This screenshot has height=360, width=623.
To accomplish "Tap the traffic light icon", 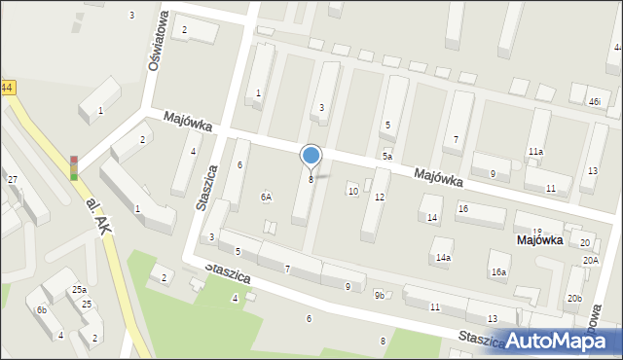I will coord(73,167).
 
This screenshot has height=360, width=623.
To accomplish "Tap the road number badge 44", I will coord(7,88).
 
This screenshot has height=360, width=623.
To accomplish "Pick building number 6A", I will coord(266,197).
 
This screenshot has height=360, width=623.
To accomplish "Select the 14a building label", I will coord(443,258).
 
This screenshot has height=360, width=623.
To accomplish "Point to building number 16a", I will coord(498,272).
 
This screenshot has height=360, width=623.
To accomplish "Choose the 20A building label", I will coord(591,261).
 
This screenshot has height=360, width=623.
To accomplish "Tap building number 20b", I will coord(574,299).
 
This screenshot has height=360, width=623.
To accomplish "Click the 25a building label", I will coord(79,290).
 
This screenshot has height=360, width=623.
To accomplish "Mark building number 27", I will coord(13,180).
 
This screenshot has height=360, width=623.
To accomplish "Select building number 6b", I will coord(41,309).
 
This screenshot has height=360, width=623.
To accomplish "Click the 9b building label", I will coord(380,295).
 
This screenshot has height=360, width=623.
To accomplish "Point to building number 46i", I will coord(594,102).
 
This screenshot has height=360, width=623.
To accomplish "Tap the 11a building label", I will coord(535,152).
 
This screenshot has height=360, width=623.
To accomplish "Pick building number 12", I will coord(380,198).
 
